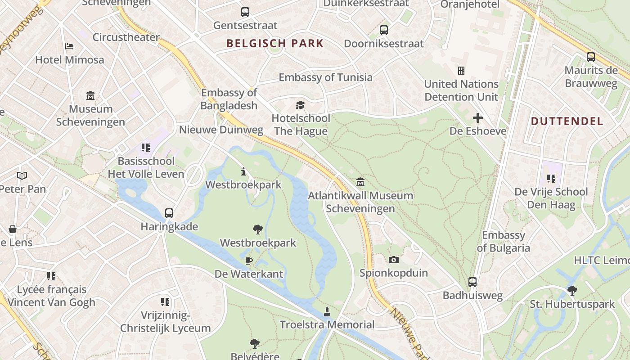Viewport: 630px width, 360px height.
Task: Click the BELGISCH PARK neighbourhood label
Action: point(275,44)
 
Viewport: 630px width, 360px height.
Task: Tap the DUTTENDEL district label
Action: point(567,121)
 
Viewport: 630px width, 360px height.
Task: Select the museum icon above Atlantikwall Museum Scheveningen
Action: point(360,182)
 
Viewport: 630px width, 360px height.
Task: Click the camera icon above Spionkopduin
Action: point(394,260)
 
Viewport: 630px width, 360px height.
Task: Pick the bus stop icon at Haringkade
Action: point(169,213)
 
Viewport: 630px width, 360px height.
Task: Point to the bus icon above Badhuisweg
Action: point(472,282)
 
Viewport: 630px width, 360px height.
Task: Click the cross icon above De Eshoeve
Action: point(478,118)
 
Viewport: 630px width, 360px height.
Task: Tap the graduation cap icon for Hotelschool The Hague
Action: point(300,105)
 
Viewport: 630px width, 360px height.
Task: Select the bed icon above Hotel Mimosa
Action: point(69,46)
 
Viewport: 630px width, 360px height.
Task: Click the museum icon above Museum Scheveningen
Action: point(90,96)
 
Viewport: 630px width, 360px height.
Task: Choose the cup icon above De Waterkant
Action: point(249,261)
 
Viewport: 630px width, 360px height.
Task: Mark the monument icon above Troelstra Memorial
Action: point(327,311)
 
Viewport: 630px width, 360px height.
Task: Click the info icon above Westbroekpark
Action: point(243,171)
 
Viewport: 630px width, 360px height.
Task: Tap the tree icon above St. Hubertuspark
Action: point(572,291)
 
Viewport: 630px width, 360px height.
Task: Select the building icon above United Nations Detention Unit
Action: point(461,71)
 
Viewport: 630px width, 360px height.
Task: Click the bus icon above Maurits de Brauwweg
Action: point(591,57)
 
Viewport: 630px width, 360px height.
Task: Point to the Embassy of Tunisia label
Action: point(325,77)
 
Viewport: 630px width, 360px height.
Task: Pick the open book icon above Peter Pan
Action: point(22,175)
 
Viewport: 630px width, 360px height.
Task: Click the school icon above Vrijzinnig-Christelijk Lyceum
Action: point(165,301)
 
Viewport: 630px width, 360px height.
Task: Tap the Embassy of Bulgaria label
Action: point(504,242)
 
